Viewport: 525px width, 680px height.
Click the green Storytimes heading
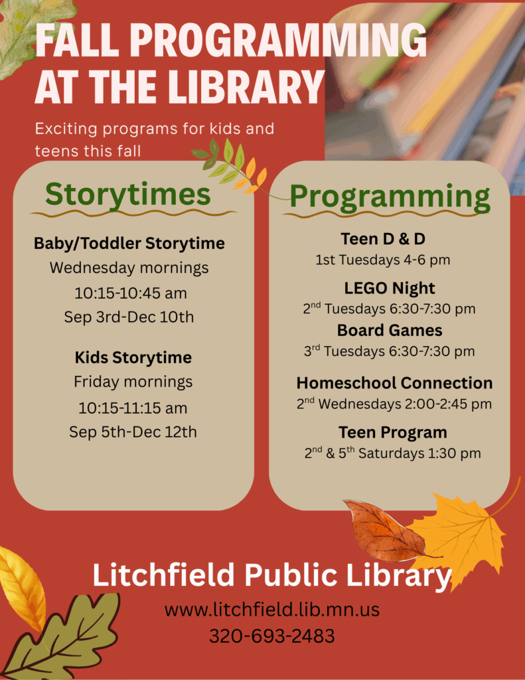tap(128, 195)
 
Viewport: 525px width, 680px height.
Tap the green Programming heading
tap(390, 197)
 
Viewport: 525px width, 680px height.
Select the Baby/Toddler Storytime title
tap(129, 243)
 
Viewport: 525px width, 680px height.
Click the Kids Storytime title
tap(133, 358)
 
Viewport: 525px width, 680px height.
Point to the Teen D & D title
tap(383, 239)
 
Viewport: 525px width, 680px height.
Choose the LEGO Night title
tap(390, 288)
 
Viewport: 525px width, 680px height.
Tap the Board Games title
tap(390, 331)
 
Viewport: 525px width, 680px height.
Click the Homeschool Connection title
tap(394, 383)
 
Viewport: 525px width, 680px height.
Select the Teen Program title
tap(393, 433)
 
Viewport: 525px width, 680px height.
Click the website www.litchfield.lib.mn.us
tap(272, 610)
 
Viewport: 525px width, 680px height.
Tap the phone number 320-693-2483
tap(272, 636)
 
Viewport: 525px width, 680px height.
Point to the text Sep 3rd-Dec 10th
tap(129, 317)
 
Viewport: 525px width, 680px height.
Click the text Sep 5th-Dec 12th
tap(133, 432)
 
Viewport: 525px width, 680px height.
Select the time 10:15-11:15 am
tap(133, 408)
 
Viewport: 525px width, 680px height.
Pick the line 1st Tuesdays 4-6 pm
tap(383, 260)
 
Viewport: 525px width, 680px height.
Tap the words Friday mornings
tap(133, 382)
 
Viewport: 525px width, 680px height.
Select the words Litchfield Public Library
tap(272, 576)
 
